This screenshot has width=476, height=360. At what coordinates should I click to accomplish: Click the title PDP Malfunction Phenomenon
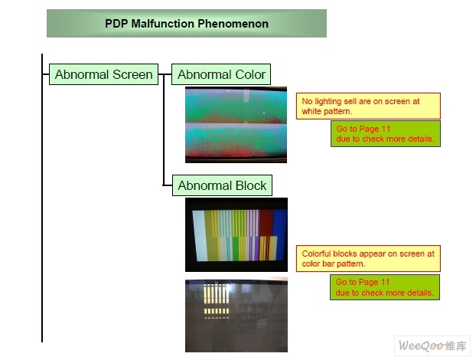point(187,24)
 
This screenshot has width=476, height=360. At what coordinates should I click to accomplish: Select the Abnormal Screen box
point(103,74)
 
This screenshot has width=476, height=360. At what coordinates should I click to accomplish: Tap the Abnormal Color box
point(221,74)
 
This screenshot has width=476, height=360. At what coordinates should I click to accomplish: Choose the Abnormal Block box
point(222,185)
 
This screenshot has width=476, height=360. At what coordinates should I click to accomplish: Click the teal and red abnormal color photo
point(236,125)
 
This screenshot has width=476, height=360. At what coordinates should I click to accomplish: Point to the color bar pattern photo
point(236,234)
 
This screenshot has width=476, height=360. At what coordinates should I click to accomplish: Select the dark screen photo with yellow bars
point(236,315)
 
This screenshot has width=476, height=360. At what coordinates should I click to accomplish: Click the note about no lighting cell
point(368,106)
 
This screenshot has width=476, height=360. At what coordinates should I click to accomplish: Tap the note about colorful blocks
point(368,259)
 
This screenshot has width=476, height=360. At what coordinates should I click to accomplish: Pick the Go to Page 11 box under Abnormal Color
point(386,134)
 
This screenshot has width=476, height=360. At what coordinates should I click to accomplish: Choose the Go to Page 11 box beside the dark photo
point(385,287)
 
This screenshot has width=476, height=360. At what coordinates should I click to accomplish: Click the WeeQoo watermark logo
point(432,345)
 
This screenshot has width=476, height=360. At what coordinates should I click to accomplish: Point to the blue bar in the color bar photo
point(280,234)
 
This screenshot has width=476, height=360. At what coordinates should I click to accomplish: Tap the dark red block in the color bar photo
point(266,223)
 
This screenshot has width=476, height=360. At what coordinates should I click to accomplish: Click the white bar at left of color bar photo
point(199,235)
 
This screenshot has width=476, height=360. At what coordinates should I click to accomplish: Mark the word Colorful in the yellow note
point(316,254)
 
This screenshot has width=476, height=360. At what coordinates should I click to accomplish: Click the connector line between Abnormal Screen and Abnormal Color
point(165,74)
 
